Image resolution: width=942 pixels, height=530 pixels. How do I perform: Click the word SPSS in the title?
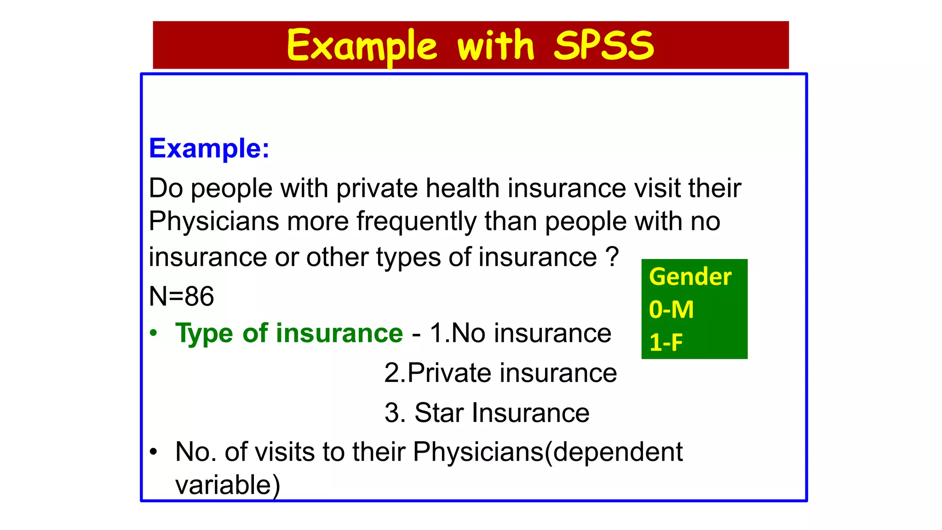(x=603, y=45)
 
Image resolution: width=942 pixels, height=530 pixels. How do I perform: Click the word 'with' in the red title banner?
(x=495, y=45)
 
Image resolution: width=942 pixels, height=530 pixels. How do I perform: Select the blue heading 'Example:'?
(x=209, y=148)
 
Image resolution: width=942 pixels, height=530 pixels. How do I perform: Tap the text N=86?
(x=181, y=296)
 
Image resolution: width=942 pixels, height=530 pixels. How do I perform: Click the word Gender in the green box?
(x=690, y=277)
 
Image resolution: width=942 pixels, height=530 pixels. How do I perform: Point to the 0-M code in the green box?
(x=671, y=310)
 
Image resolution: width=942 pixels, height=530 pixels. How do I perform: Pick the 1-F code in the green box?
(x=666, y=342)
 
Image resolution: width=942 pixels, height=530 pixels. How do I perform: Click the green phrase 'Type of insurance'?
(x=289, y=333)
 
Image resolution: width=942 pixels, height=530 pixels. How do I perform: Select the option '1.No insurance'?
(x=520, y=333)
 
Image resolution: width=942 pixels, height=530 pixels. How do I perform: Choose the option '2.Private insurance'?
(x=500, y=373)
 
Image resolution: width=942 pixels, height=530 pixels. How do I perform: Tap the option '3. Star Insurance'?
(x=487, y=413)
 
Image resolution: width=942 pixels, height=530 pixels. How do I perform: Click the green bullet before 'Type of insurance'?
(x=154, y=333)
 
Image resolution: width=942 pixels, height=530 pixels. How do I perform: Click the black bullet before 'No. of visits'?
(x=154, y=452)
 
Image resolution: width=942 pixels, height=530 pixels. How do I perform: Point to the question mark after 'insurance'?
(x=612, y=257)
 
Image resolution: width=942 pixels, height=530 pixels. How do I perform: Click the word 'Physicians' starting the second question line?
(x=214, y=221)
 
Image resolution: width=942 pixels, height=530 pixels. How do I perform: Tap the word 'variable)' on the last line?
(x=228, y=485)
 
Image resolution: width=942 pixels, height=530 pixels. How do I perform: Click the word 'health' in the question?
(x=462, y=188)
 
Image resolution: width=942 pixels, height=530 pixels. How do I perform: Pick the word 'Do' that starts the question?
(x=166, y=188)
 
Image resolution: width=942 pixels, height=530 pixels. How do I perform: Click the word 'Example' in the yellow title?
(x=362, y=46)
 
